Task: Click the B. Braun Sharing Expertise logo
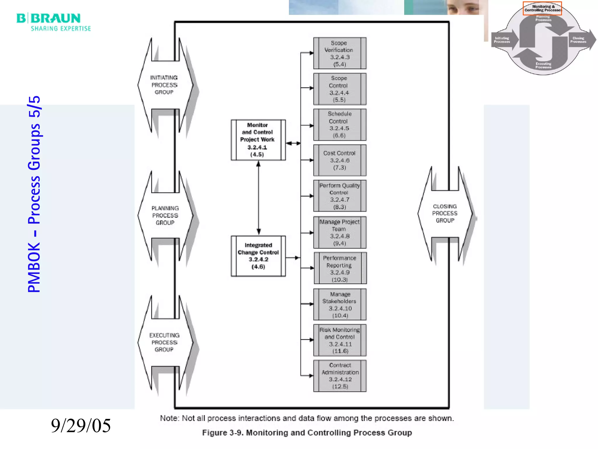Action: point(54,22)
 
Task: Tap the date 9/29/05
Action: point(81,425)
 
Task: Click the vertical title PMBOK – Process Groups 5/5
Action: point(34,194)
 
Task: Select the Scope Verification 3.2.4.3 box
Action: point(340,53)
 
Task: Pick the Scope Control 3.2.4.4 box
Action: point(340,89)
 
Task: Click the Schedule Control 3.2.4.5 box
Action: point(340,125)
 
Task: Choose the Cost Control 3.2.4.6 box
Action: point(340,160)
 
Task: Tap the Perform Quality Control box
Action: point(340,196)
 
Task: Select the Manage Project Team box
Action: point(340,232)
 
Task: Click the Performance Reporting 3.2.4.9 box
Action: point(340,268)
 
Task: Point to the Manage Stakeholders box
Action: point(340,305)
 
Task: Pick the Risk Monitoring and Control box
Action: point(340,340)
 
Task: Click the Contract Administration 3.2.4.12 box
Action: point(340,376)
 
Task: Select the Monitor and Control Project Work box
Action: point(258,140)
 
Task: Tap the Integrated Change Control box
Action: point(258,256)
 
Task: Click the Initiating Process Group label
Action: point(164,85)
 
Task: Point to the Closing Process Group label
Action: point(445,213)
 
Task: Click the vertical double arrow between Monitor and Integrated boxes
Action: point(258,198)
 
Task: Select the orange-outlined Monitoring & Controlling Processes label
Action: point(542,8)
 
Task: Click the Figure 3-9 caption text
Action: point(307,433)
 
